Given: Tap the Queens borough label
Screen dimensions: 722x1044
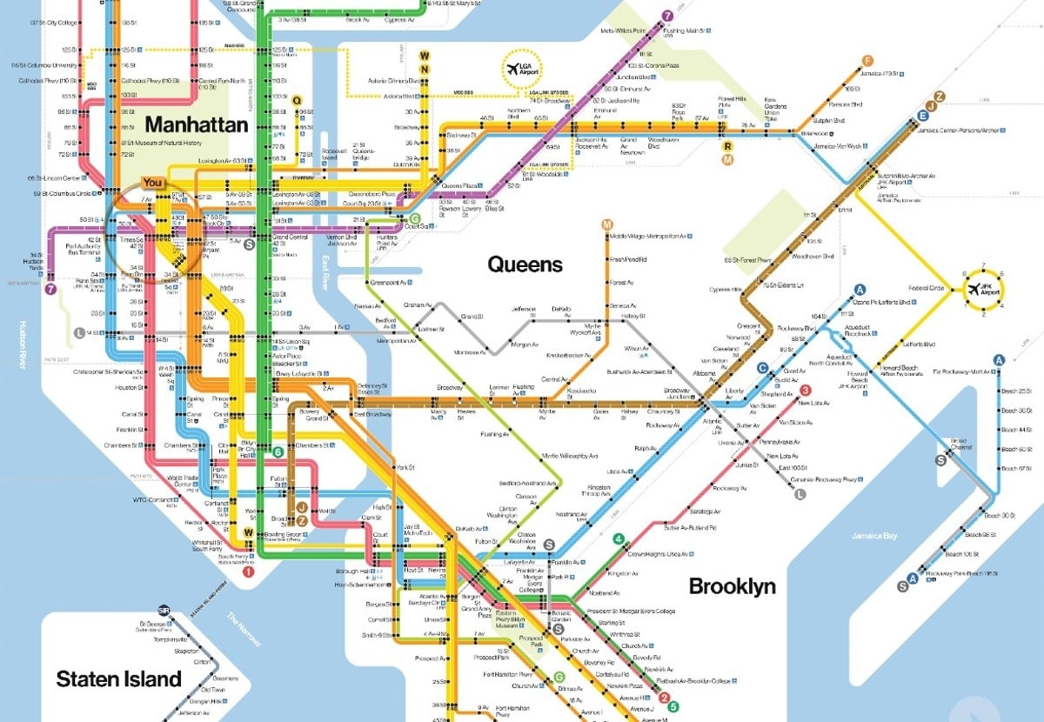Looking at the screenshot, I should click(x=525, y=263).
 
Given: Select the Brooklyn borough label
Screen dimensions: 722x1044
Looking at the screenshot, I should click(x=732, y=586).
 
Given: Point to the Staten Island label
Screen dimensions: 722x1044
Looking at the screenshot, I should click(x=119, y=679).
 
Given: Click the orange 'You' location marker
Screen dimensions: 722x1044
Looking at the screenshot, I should click(x=153, y=183).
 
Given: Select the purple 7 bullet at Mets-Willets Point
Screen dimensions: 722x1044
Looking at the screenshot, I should click(x=667, y=16).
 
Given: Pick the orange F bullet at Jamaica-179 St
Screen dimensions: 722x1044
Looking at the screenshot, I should click(x=867, y=61).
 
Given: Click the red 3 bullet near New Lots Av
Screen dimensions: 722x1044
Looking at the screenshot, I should click(x=806, y=391).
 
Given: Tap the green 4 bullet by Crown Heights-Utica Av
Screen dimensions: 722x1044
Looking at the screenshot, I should click(x=619, y=540).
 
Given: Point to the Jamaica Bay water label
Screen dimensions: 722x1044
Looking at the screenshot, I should click(x=873, y=536).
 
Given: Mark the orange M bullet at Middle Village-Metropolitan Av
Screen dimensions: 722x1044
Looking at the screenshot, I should click(x=606, y=225).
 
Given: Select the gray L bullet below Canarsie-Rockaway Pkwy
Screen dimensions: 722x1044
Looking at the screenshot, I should click(x=800, y=494).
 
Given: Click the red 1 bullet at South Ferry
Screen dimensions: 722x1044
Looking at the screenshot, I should click(x=248, y=572).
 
